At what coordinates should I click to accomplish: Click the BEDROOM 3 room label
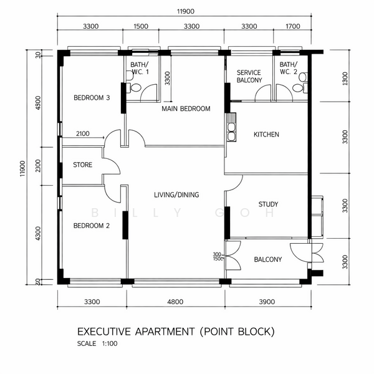[92, 98]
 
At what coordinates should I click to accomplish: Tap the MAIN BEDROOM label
[186, 108]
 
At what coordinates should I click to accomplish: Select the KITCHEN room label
[266, 135]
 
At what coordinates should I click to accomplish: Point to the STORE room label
[82, 165]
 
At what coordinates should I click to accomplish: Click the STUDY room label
[268, 204]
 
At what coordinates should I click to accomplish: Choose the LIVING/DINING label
[176, 195]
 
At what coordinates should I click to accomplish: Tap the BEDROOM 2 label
[92, 226]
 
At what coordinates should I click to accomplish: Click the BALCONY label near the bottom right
[268, 259]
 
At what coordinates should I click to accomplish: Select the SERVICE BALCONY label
[249, 76]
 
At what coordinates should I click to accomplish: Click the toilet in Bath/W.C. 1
[134, 87]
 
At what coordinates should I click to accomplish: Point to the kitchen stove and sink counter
[231, 127]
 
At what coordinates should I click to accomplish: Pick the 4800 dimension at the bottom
[175, 302]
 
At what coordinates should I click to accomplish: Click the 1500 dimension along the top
[141, 26]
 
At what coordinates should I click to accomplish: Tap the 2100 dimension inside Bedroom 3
[83, 133]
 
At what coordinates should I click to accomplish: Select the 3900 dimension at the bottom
[267, 302]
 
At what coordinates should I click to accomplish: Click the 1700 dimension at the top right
[293, 26]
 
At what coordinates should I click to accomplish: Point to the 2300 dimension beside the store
[38, 166]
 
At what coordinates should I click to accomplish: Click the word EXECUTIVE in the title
[104, 332]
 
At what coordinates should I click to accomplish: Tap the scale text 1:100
[110, 343]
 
